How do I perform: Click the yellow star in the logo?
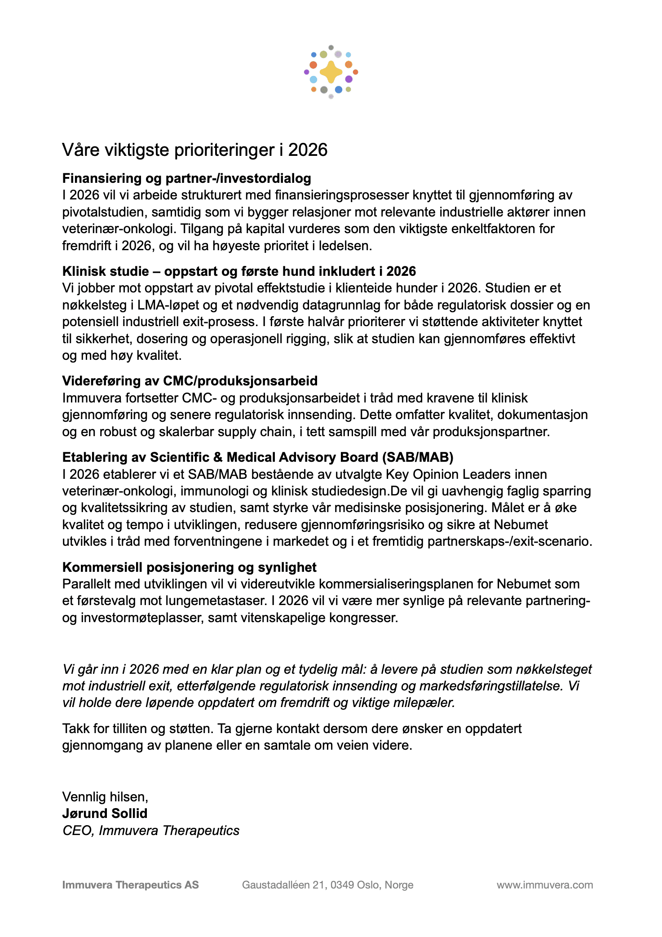tap(331, 72)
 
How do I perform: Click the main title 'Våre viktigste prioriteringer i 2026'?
tap(195, 150)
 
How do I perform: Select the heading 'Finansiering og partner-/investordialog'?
tap(186, 178)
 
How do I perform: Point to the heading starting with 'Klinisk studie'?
tap(239, 271)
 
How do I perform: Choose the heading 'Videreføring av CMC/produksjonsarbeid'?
tap(190, 381)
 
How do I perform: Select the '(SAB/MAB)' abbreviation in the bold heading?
tap(418, 457)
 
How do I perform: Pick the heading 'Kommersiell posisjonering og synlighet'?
tap(189, 567)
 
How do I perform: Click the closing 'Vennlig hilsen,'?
tap(105, 797)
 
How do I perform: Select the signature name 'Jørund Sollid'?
tap(105, 813)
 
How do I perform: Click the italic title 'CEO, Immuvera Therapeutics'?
tap(151, 831)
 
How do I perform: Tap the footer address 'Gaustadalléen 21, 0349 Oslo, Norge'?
tap(327, 885)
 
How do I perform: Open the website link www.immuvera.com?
tap(544, 885)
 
